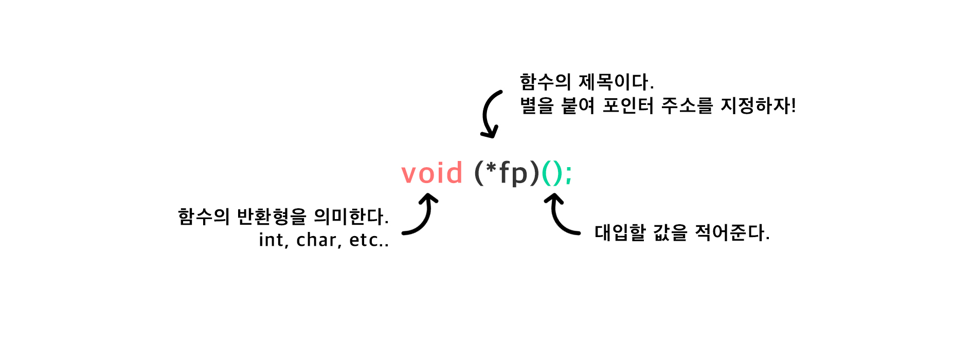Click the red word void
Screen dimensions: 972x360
[x=432, y=173]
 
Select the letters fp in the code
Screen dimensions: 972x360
[x=514, y=173]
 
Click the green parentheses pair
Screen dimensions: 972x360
[x=552, y=173]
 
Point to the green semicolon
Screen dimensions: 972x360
[x=568, y=174]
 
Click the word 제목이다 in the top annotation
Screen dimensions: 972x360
[x=616, y=82]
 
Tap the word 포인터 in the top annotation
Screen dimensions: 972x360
[x=628, y=106]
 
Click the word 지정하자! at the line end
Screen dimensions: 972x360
[x=758, y=106]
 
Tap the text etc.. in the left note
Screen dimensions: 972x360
[x=369, y=240]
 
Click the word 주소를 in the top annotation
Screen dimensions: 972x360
[x=687, y=106]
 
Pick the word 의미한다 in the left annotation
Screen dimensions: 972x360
[x=351, y=217]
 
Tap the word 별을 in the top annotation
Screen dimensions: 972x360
[x=537, y=106]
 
